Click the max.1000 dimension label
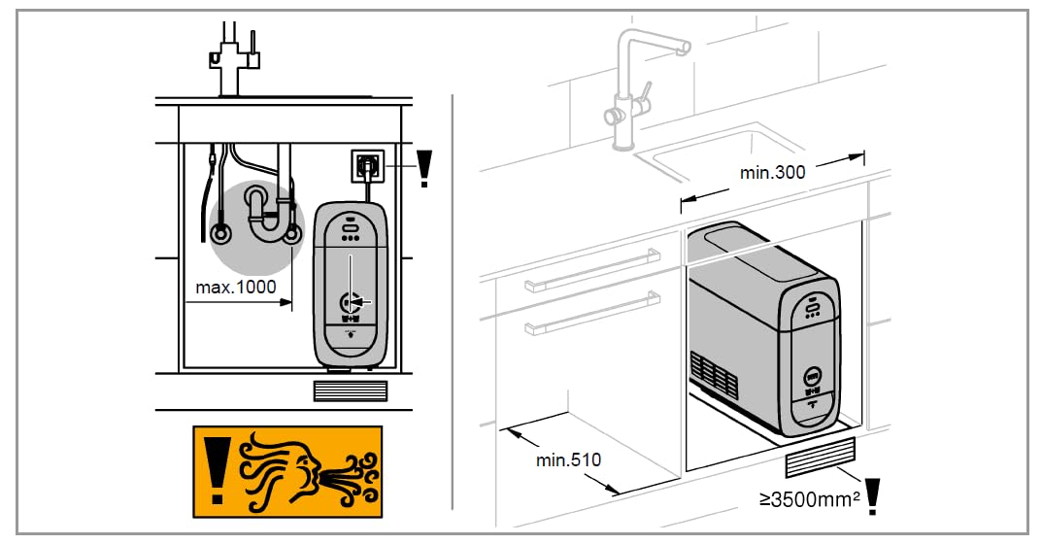point(236,288)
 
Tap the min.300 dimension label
point(772,172)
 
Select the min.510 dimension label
point(568,459)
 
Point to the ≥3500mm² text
point(809,498)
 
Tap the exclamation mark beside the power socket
point(424,169)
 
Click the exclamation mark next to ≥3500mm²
point(872,496)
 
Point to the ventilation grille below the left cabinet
point(350,391)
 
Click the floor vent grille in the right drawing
point(820,457)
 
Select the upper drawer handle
point(592,270)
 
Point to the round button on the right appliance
point(812,377)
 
